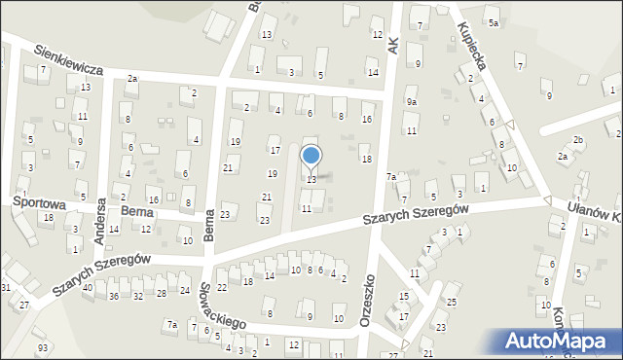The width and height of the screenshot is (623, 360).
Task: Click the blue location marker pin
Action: click(x=311, y=157)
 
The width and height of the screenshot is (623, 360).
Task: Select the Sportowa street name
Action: click(x=39, y=203)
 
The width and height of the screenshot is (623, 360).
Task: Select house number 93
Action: click(x=42, y=347)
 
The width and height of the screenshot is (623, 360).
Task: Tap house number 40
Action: click(x=88, y=288)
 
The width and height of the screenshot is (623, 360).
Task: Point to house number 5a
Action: click(x=494, y=22)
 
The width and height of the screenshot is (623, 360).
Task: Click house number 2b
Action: click(x=577, y=140)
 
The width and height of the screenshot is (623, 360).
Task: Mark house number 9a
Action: click(x=412, y=101)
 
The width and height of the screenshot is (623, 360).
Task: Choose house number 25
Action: click(x=452, y=303)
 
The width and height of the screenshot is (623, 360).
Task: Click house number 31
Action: click(x=6, y=287)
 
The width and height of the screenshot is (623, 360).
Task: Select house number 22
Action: click(x=221, y=287)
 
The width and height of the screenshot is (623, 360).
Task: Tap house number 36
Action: click(x=113, y=295)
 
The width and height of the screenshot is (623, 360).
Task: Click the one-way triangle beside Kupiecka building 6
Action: click(x=510, y=126)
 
